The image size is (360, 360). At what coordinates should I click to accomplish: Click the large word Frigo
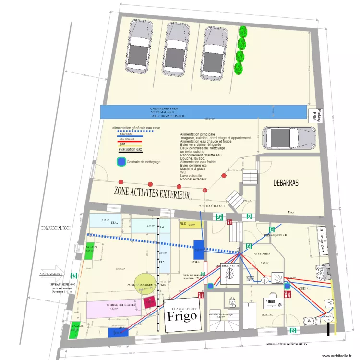click(182, 315)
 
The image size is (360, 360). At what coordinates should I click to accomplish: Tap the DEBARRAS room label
click(286, 183)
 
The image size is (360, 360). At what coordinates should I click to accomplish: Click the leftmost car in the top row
click(137, 48)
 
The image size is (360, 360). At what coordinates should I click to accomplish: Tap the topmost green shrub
click(242, 32)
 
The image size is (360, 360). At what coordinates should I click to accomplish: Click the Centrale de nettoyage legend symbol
click(122, 162)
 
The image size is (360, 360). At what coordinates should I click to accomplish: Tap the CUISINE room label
click(305, 288)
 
